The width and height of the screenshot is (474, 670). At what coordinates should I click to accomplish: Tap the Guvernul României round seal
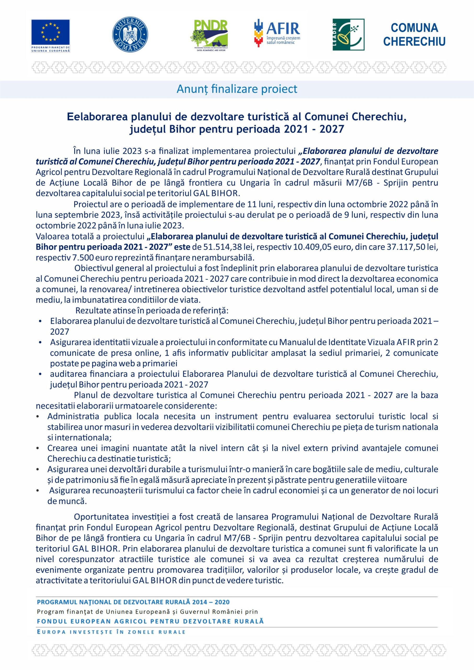(x=130, y=35)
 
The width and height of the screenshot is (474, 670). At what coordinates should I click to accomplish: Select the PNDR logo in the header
(x=209, y=35)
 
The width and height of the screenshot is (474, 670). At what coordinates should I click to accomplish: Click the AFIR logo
(x=277, y=33)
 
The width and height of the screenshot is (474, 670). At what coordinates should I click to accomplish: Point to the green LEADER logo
(x=348, y=35)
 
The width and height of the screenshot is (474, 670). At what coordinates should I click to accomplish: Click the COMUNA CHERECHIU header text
(x=414, y=35)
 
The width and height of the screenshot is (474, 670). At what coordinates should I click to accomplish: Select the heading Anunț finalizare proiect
(x=237, y=89)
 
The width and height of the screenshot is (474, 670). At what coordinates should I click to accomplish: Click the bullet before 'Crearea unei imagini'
(x=38, y=448)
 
